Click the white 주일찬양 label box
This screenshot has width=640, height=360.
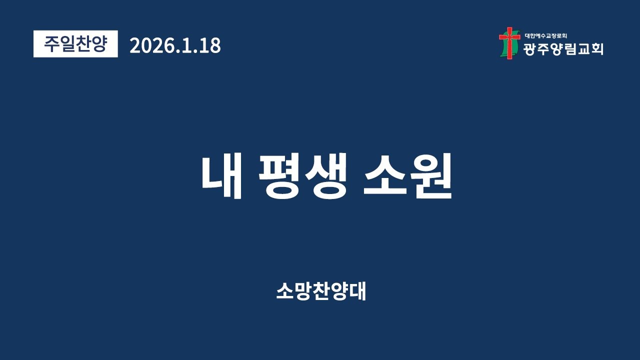point(75,44)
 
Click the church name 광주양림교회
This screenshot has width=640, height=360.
point(563,48)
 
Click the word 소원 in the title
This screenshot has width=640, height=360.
point(408,177)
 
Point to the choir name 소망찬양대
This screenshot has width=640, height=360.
point(321,291)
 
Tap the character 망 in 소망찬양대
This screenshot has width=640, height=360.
point(302,291)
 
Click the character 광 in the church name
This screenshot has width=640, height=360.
point(530,48)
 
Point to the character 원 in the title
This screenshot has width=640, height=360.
point(431,177)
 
